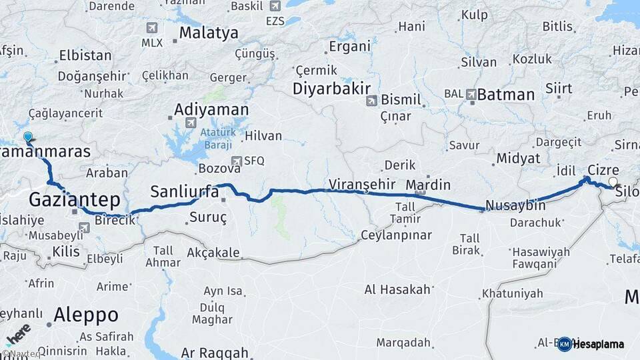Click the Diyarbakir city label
click(331, 89)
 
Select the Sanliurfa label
click(184, 192)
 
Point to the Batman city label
click(506, 95)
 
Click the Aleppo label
click(86, 314)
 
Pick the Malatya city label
click(208, 33)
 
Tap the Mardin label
click(428, 185)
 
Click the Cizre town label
click(603, 170)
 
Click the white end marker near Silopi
click(613, 181)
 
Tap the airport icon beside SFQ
click(236, 161)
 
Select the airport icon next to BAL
click(472, 95)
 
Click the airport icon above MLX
click(152, 27)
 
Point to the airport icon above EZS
click(275, 6)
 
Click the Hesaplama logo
click(591, 344)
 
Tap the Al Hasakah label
click(397, 289)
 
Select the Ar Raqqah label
click(215, 353)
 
